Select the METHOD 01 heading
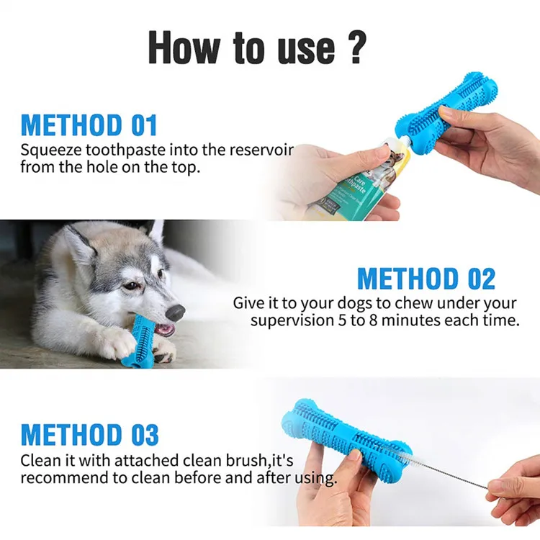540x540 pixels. pyautogui.click(x=89, y=125)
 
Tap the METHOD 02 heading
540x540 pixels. pyautogui.click(x=426, y=279)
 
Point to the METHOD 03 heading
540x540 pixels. pyautogui.click(x=89, y=435)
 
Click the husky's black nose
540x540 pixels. pyautogui.click(x=175, y=312)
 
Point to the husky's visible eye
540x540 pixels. pyautogui.click(x=132, y=286)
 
